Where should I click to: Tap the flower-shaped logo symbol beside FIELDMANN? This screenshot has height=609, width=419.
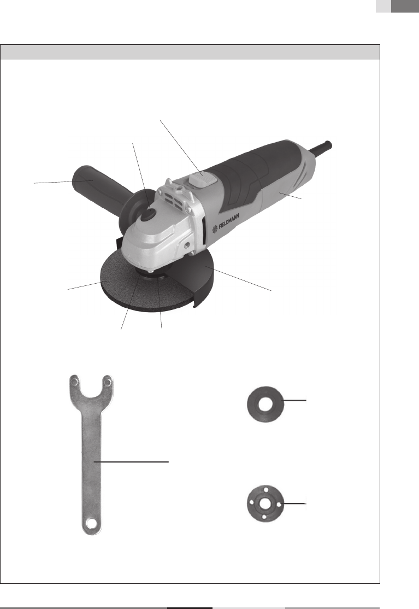click(215, 230)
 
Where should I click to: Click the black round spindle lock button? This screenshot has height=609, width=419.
click(148, 214)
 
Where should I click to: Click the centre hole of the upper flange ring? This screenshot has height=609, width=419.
click(265, 405)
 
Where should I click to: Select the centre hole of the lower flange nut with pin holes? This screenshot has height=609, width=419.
click(265, 503)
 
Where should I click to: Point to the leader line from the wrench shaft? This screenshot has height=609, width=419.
click(132, 462)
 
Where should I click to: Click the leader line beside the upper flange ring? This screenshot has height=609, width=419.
click(294, 400)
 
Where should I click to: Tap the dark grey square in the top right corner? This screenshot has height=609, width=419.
click(405, 6)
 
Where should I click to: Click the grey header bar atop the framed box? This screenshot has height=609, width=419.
click(190, 52)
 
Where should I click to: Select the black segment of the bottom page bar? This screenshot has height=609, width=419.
click(190, 608)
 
